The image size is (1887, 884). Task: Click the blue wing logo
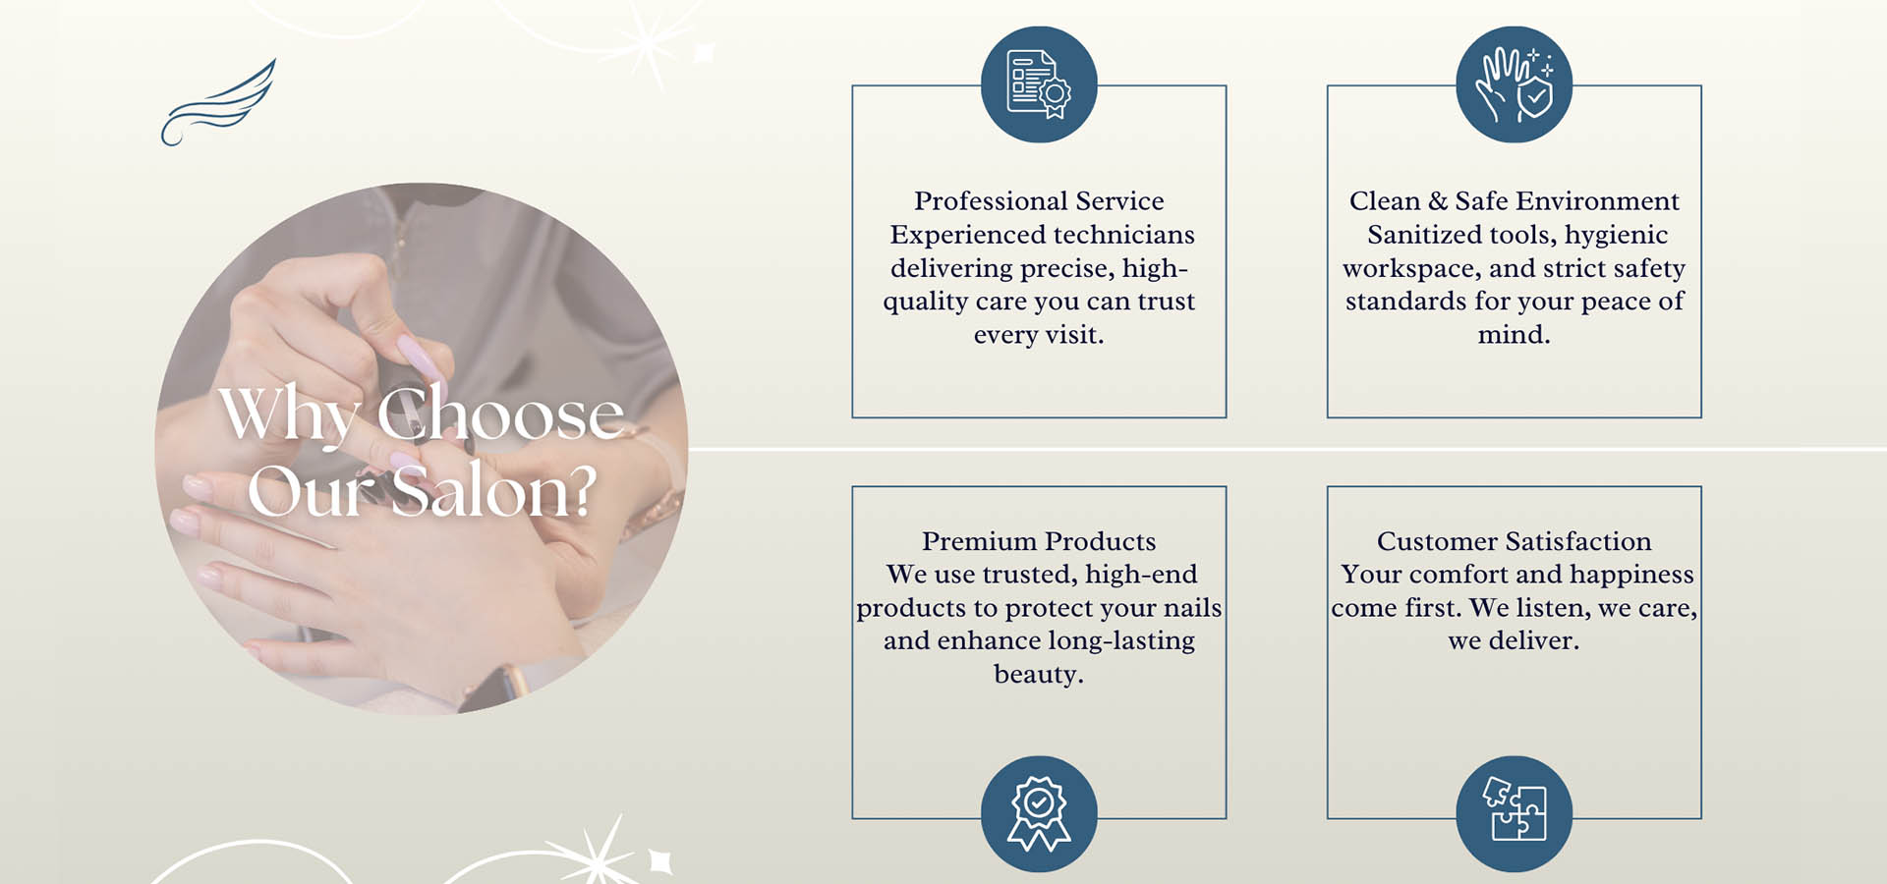click(218, 103)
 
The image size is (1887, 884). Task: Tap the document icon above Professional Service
click(1039, 84)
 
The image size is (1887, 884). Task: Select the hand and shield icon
click(1514, 84)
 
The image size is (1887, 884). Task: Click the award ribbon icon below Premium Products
click(1039, 813)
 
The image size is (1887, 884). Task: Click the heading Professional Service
click(1039, 201)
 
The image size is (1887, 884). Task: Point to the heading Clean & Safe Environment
click(1514, 201)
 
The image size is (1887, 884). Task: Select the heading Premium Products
click(1039, 541)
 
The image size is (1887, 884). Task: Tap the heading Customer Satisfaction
click(1514, 541)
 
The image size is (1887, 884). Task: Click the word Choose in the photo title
click(500, 414)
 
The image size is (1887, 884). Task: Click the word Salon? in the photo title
click(493, 491)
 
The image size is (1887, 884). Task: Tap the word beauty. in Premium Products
click(1039, 675)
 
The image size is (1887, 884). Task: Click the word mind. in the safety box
click(1514, 335)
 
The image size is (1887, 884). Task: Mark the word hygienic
click(1616, 236)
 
